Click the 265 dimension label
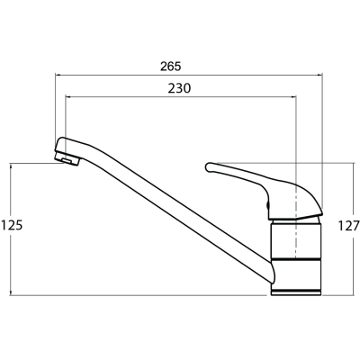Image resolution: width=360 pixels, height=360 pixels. [170, 67]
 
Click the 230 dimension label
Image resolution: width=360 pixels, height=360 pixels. [179, 88]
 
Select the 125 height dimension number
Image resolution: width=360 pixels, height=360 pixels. [12, 225]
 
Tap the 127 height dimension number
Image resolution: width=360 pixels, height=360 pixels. [349, 226]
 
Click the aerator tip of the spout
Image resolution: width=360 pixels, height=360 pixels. [67, 158]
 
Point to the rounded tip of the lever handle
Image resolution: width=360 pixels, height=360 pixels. [208, 167]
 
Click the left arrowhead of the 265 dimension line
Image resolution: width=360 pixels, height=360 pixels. [57, 74]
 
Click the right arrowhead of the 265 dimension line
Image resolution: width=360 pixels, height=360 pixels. [319, 74]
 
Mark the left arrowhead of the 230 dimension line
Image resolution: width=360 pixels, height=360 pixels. [67, 96]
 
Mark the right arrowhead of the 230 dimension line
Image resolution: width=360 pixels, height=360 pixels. [294, 96]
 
